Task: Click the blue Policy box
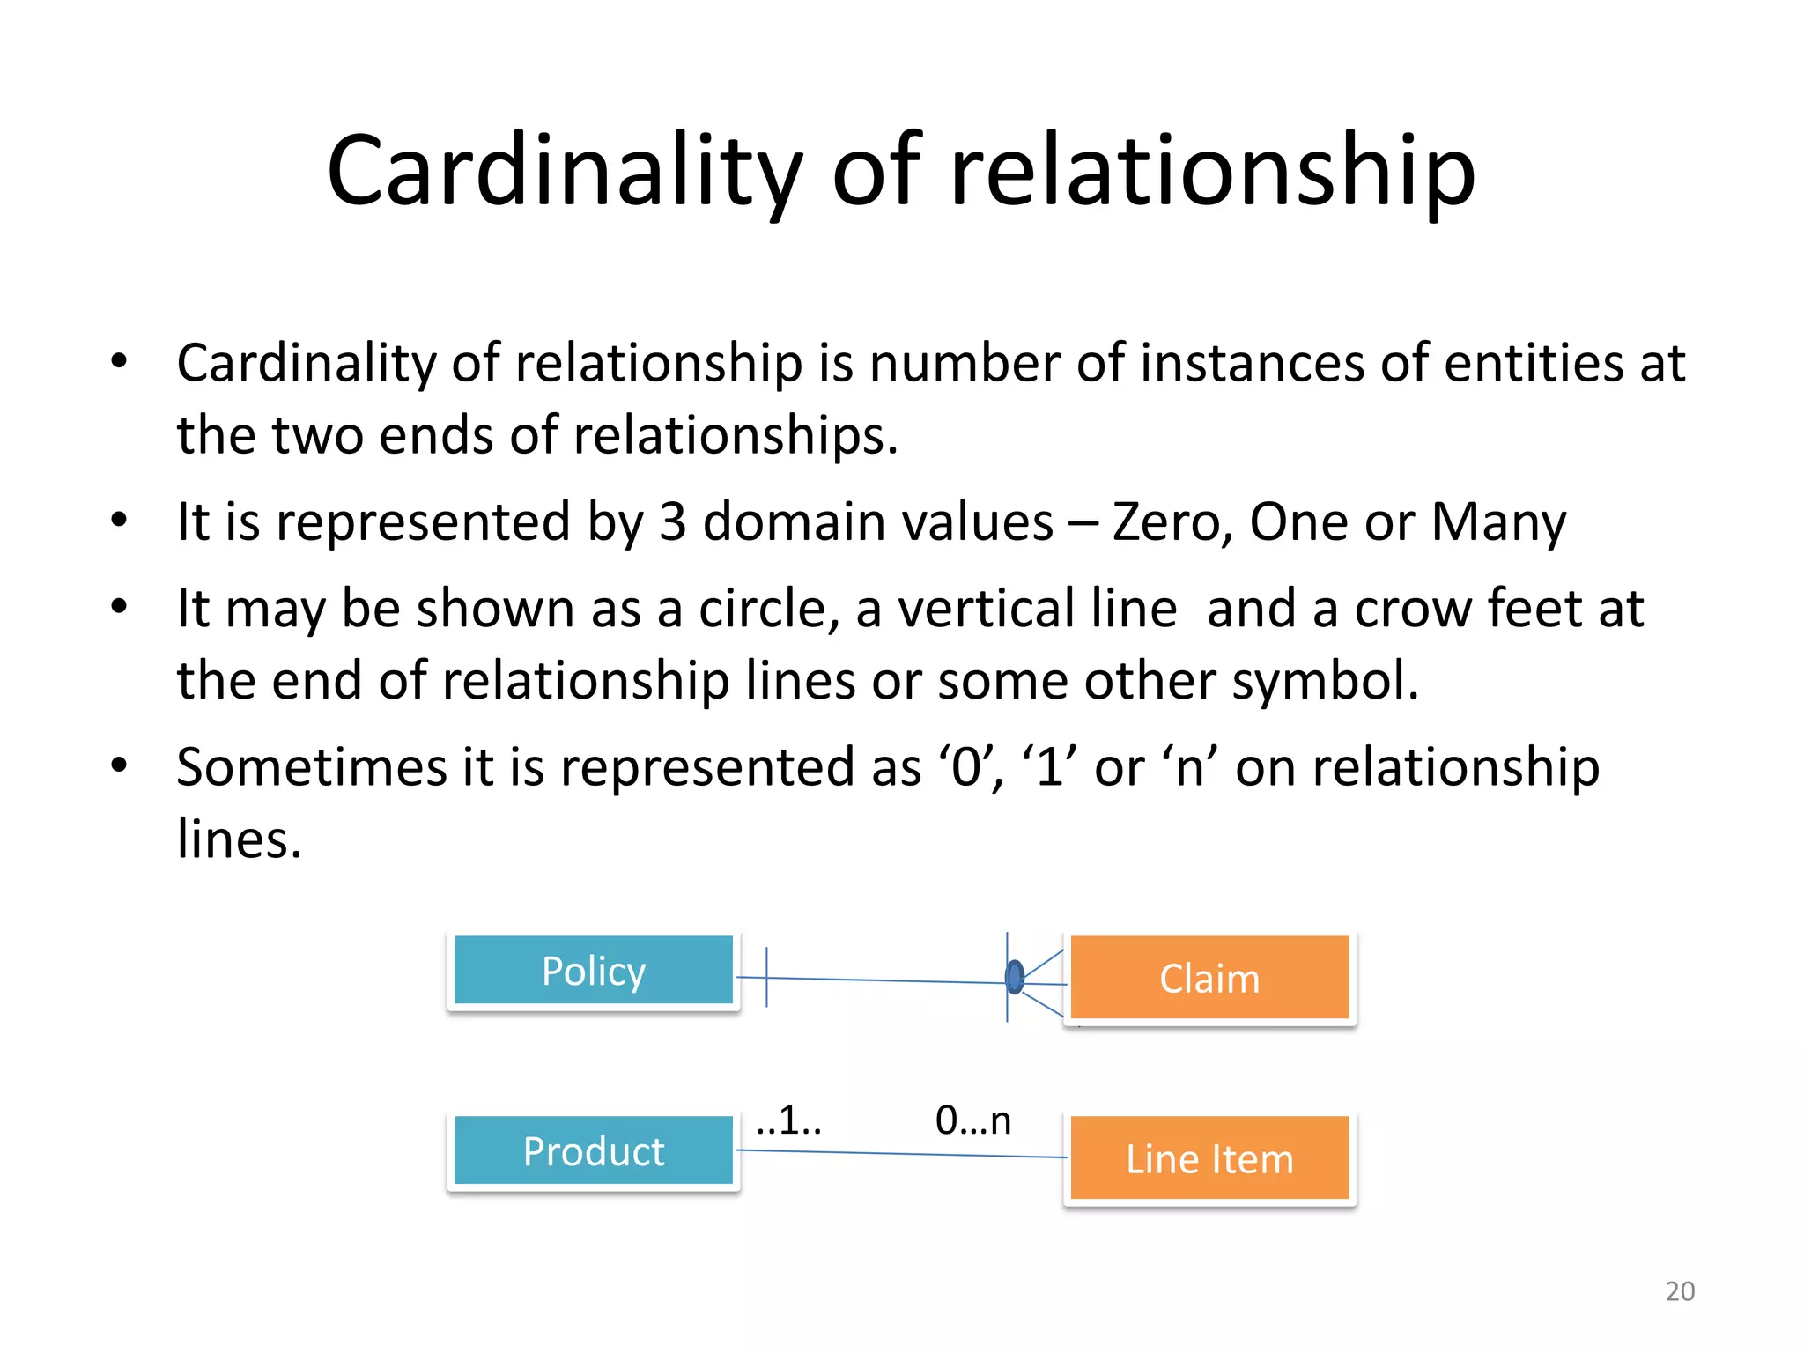click(x=593, y=970)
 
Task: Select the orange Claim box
click(x=1209, y=978)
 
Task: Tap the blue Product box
click(x=593, y=1150)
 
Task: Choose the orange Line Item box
click(x=1209, y=1158)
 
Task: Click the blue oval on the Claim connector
click(x=1015, y=977)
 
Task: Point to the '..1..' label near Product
click(x=788, y=1120)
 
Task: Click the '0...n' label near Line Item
click(x=973, y=1120)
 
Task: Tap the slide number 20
click(x=1680, y=1290)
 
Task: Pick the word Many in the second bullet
click(x=1498, y=521)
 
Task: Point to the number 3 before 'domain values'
click(x=672, y=521)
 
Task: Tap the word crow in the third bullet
click(x=1412, y=609)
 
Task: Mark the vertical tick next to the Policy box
click(x=766, y=977)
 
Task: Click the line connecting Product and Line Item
click(x=898, y=1154)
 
